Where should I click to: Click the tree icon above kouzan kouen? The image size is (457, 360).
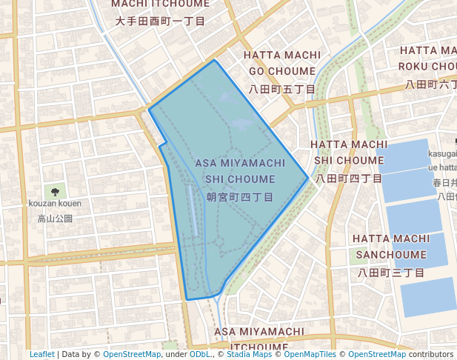(55, 191)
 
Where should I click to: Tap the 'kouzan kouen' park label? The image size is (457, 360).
(55, 204)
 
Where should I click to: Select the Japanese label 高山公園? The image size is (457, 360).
(55, 219)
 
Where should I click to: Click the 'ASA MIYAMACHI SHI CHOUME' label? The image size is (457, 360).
(240, 170)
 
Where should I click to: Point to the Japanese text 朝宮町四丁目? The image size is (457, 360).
(240, 197)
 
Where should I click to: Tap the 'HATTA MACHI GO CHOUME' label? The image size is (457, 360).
(282, 63)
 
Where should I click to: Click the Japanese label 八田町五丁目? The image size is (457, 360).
(282, 89)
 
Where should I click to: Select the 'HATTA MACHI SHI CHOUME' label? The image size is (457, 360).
(349, 151)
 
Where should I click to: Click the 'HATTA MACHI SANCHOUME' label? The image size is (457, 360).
(390, 246)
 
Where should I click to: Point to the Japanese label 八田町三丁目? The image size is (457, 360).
(390, 273)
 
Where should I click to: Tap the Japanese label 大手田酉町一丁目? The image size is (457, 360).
(160, 21)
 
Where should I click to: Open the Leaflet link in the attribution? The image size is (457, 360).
(42, 354)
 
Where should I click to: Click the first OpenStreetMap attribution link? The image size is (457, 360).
(131, 354)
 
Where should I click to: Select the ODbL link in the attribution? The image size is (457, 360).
(201, 354)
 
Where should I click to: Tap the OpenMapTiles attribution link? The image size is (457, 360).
(308, 354)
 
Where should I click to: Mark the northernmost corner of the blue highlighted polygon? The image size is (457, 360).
(215, 60)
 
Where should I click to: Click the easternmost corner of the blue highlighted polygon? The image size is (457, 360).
(308, 178)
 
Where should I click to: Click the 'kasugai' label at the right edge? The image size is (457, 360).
(442, 153)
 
